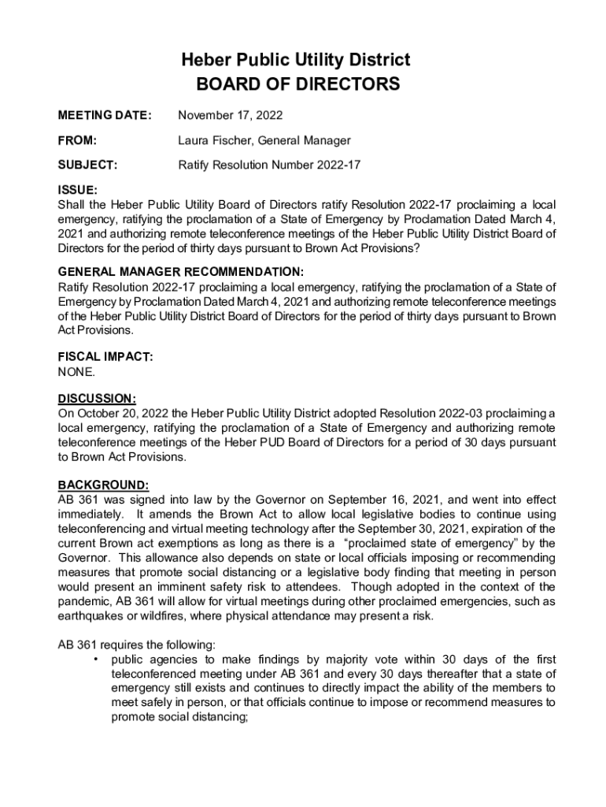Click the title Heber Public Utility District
click(297, 60)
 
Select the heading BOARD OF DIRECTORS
click(297, 84)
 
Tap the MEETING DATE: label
click(104, 116)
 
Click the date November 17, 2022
click(230, 116)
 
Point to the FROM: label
click(77, 140)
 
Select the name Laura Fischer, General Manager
click(264, 140)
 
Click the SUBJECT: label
click(87, 165)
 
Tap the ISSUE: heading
click(78, 190)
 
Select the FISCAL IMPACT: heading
click(105, 356)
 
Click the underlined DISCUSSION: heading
click(98, 398)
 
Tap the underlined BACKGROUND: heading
click(103, 484)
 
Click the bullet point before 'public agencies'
click(95, 659)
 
